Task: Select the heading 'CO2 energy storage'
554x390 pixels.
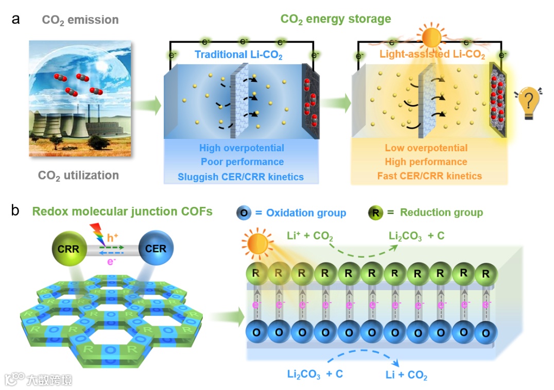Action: click(335, 20)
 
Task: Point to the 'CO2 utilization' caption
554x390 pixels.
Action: click(78, 175)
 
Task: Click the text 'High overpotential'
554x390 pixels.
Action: click(241, 148)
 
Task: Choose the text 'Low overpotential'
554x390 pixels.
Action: click(426, 148)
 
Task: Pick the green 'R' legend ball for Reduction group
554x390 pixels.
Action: click(376, 212)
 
